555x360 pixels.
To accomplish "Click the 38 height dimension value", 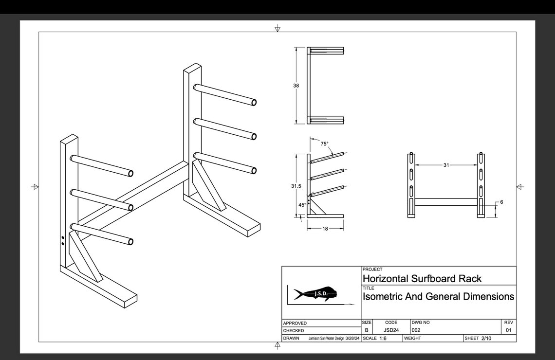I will [296, 86].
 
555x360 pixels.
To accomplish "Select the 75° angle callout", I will [324, 144].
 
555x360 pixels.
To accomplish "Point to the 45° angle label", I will [302, 205].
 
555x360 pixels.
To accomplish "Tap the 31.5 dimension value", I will [296, 186].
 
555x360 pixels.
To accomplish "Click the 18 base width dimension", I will [325, 229].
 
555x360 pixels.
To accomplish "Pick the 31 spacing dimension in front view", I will [446, 165].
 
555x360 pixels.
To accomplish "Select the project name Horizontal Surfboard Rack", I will [422, 279].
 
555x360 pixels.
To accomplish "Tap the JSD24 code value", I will [391, 330].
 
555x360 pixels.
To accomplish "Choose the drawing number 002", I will [416, 330].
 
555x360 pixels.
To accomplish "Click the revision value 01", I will [508, 330].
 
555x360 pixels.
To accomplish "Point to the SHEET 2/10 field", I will [479, 338].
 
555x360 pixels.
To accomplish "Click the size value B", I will [367, 330].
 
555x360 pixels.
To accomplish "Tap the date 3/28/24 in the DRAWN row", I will [352, 338].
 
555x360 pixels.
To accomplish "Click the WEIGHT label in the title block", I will [412, 338].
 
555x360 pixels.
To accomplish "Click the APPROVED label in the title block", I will [295, 323].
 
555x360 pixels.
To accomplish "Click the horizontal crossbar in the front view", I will [445, 202].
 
